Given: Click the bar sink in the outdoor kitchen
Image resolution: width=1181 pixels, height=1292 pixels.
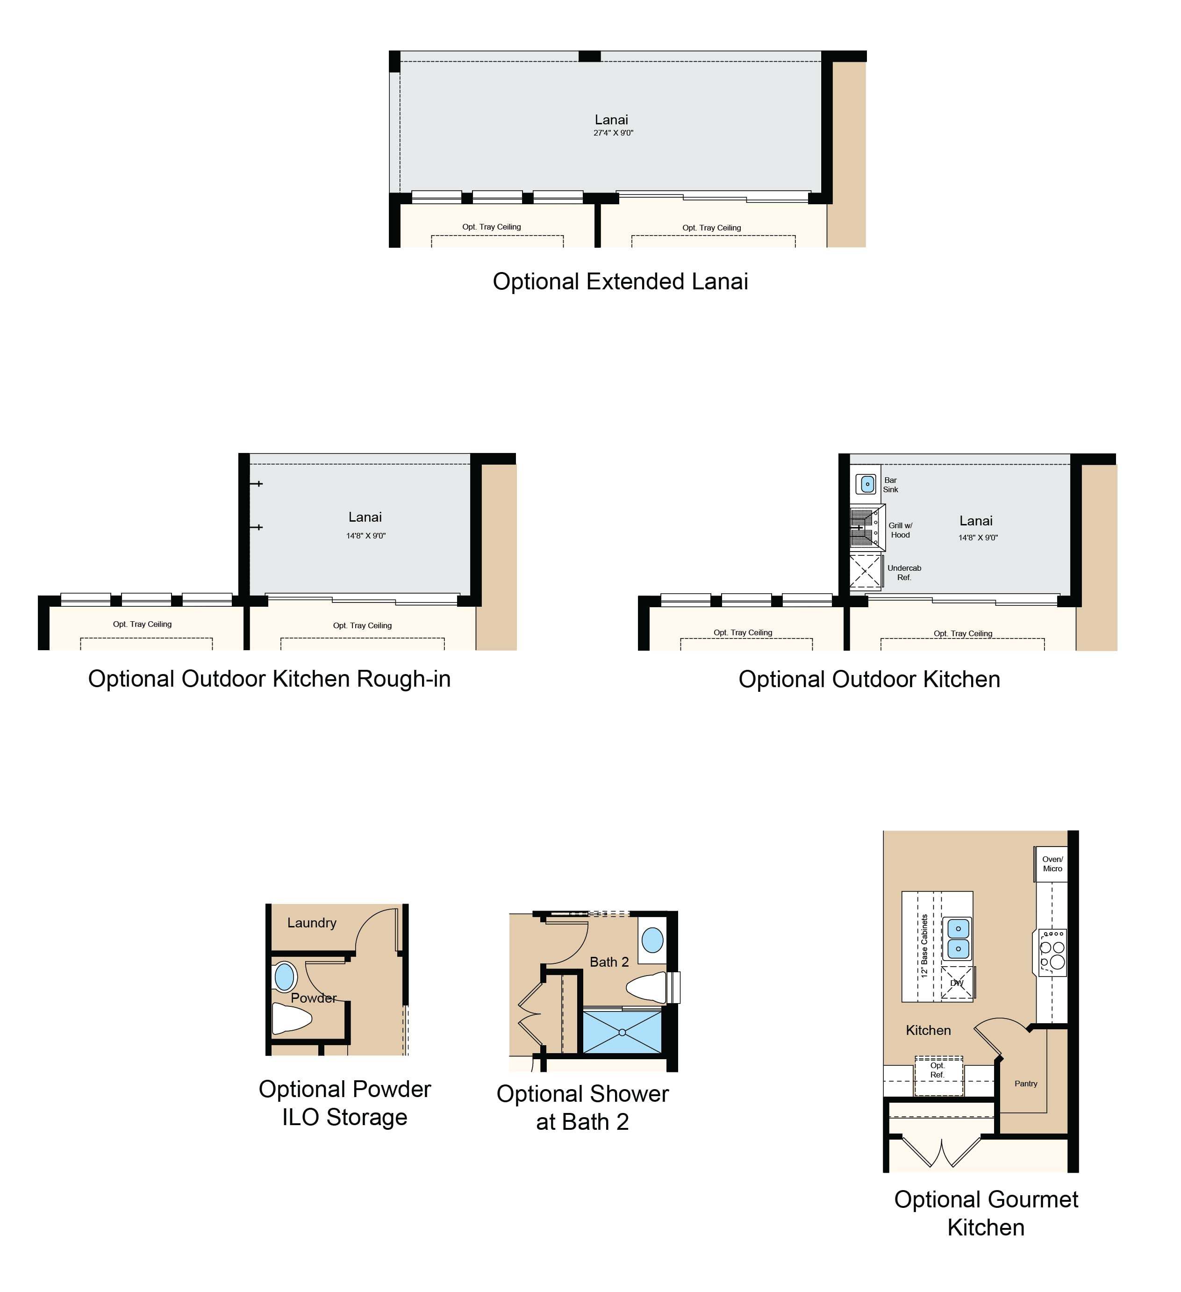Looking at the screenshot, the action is tap(866, 484).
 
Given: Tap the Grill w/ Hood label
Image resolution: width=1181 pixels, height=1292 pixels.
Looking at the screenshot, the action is tap(900, 530).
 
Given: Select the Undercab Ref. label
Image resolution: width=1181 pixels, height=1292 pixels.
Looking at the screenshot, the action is tap(904, 572).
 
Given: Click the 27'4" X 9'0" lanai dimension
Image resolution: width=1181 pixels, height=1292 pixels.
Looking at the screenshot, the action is tap(613, 133).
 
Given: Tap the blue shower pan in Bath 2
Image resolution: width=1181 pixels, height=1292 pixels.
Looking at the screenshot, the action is tap(622, 1032).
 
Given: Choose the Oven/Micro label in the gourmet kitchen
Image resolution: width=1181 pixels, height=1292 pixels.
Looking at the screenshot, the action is tap(1052, 864).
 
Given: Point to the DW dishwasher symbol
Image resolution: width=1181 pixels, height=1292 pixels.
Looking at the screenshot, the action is tap(957, 983).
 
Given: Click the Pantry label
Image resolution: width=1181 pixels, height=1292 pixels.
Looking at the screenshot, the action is tap(1026, 1084).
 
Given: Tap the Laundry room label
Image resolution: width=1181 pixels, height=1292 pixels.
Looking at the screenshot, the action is tap(312, 923).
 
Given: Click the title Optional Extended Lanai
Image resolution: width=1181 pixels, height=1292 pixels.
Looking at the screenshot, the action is tap(620, 281).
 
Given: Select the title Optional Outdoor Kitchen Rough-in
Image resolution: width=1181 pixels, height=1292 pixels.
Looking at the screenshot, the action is tap(269, 679).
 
